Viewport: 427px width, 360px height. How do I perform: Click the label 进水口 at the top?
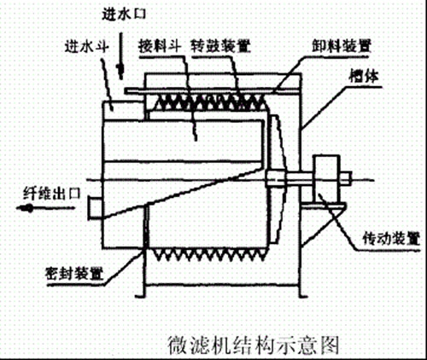coord(124,14)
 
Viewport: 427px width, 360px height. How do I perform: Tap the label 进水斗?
coord(86,45)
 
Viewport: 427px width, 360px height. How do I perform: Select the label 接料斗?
coord(160,45)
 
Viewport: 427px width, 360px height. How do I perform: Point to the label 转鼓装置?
coord(220,45)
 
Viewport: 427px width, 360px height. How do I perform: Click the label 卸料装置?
coord(342,45)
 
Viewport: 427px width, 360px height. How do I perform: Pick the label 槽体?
coord(365,76)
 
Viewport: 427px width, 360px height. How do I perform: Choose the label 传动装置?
coord(391,239)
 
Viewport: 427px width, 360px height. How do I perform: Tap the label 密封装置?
coord(74,274)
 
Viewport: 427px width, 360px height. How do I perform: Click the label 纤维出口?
coord(52,194)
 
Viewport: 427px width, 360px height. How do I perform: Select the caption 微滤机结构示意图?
coord(254,345)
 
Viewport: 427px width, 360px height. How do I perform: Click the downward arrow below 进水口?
coord(120,55)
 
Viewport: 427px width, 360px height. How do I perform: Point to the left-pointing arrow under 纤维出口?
coord(45,208)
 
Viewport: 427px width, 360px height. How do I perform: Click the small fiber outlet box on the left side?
coord(95,207)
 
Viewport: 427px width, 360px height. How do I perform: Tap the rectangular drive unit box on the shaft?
coord(326,178)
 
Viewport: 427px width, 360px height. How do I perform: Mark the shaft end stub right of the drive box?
coord(346,177)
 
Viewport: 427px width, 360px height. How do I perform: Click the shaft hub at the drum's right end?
coord(275,178)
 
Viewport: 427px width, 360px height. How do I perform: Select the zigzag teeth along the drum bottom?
coord(210,255)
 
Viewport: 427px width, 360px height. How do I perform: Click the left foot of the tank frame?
coord(141,296)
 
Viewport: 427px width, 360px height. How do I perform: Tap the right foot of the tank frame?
coord(303,296)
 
